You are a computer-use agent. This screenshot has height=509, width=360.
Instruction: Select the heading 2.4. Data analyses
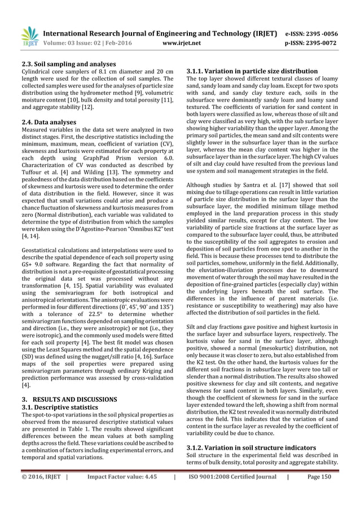[50, 121]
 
